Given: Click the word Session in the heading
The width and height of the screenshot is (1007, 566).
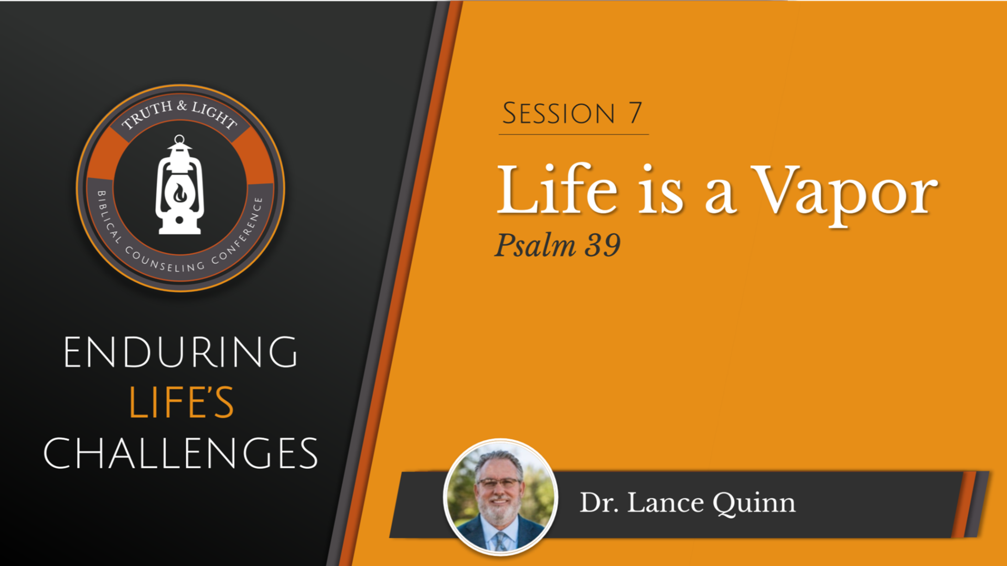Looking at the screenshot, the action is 558,113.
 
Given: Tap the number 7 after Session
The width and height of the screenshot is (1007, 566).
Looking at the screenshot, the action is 635,113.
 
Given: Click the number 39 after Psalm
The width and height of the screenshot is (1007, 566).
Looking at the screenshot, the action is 603,245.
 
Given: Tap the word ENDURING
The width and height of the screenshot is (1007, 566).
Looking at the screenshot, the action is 180,352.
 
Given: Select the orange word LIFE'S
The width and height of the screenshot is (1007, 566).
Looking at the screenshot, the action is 181,402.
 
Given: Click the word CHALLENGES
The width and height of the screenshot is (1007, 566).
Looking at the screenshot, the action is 180,453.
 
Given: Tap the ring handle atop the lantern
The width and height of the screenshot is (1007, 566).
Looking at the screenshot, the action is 179,140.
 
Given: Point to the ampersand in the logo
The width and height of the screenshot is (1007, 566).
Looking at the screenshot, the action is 182,106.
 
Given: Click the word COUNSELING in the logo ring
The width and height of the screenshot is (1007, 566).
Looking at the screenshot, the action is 165,262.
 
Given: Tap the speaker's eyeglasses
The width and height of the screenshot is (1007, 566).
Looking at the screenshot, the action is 499,483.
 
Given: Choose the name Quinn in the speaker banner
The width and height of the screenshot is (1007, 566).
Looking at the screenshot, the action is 754,503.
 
